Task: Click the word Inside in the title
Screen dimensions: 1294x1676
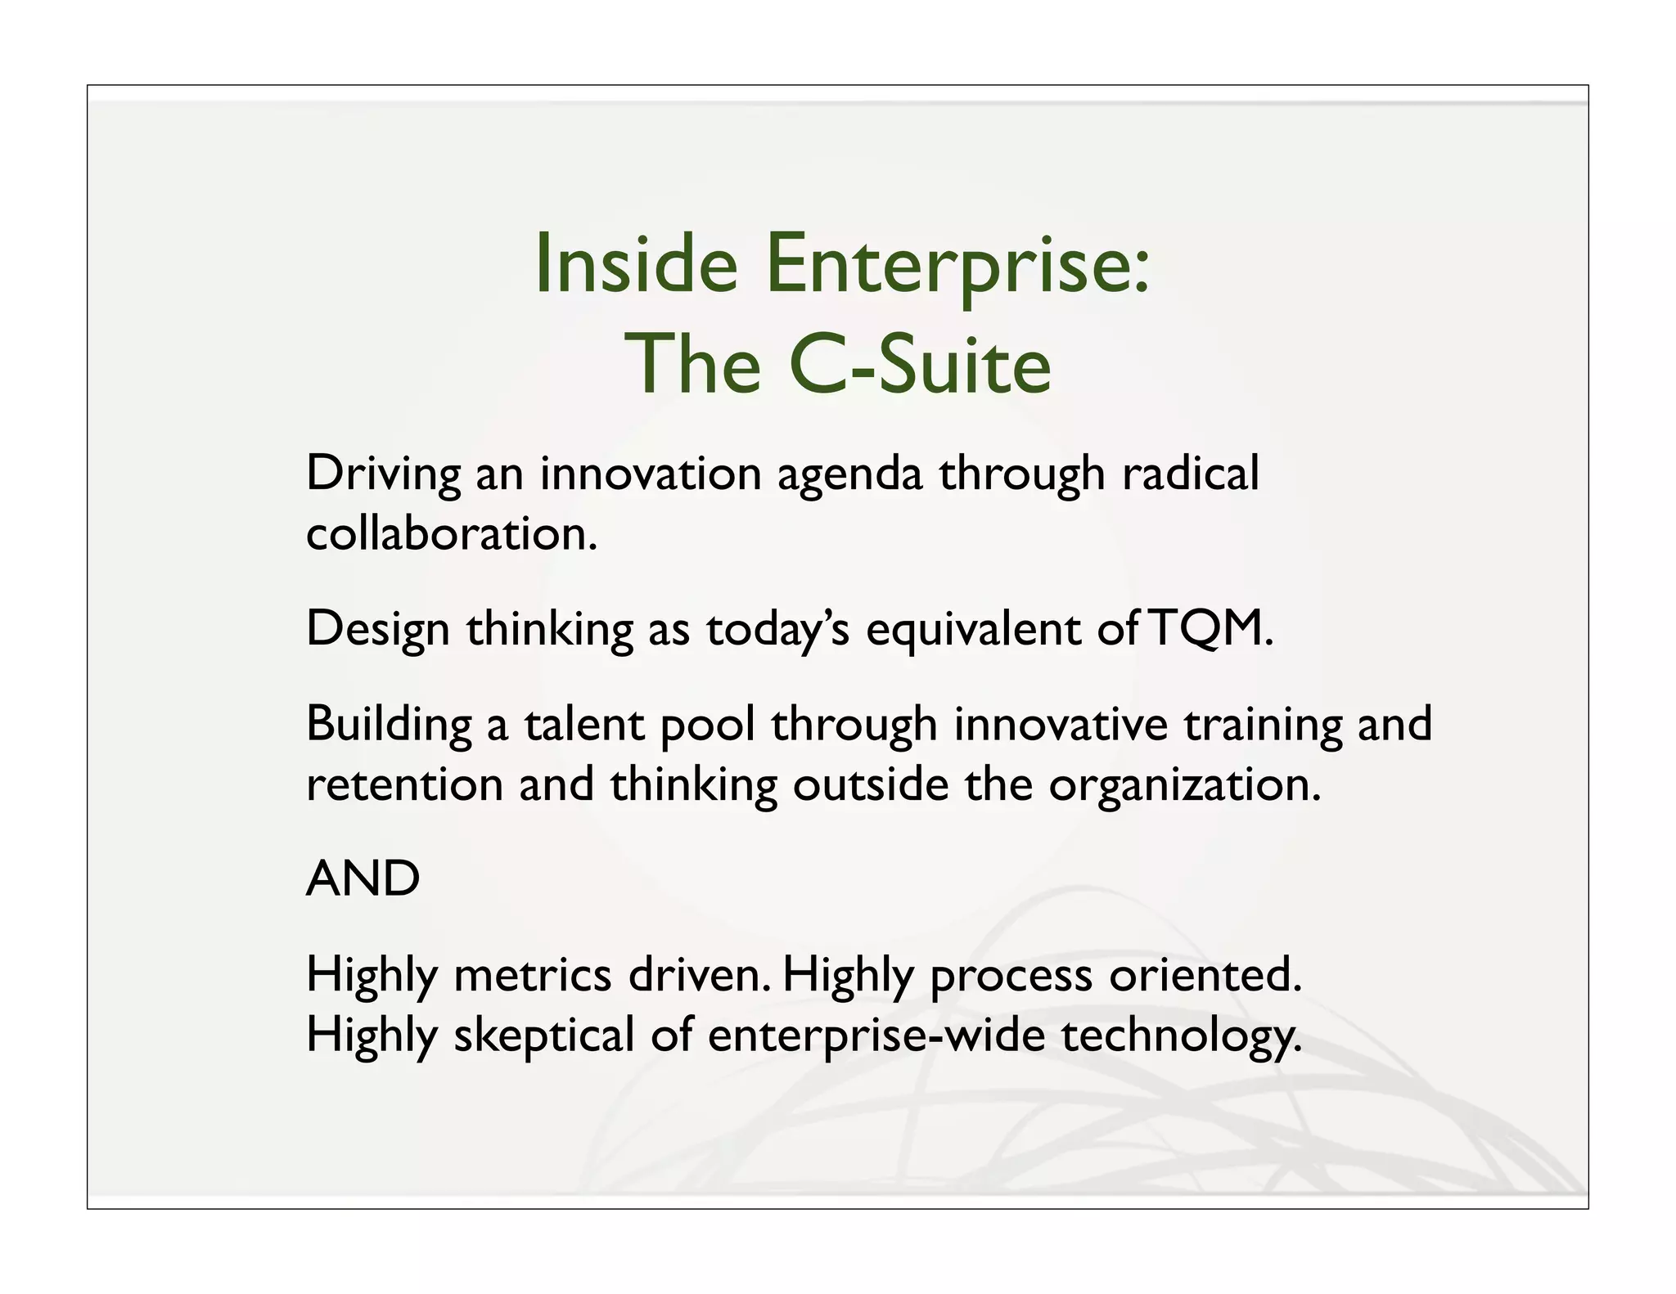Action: (x=635, y=265)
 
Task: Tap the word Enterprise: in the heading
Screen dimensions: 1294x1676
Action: (x=958, y=265)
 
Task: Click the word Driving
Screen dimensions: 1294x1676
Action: (x=383, y=474)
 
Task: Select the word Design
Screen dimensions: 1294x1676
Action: (x=377, y=630)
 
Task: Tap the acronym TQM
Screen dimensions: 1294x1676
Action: (x=1210, y=630)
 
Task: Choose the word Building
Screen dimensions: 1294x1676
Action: (x=389, y=726)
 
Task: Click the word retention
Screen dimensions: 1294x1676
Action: (x=404, y=785)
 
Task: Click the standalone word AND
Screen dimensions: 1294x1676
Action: (x=363, y=879)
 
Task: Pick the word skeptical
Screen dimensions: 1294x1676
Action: (x=544, y=1036)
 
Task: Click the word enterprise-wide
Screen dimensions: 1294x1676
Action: (x=876, y=1036)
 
